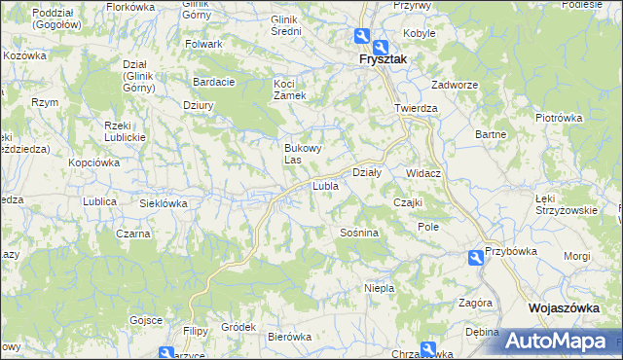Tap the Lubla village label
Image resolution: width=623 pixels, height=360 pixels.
pyautogui.click(x=324, y=185)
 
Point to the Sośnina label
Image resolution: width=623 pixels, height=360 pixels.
pyautogui.click(x=358, y=234)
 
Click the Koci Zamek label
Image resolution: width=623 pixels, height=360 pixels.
pyautogui.click(x=289, y=90)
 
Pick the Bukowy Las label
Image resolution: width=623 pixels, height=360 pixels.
pyautogui.click(x=301, y=153)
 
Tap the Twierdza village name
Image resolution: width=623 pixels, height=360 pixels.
pyautogui.click(x=416, y=109)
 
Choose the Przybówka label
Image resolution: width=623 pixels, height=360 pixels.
pyautogui.click(x=512, y=250)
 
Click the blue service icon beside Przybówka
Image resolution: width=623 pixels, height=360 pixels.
pyautogui.click(x=475, y=257)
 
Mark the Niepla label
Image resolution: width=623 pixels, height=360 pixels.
pyautogui.click(x=378, y=288)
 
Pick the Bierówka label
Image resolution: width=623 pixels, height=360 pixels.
pyautogui.click(x=289, y=337)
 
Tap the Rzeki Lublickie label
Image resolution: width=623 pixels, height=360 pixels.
pyautogui.click(x=124, y=131)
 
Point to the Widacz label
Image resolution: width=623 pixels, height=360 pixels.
pyautogui.click(x=424, y=173)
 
